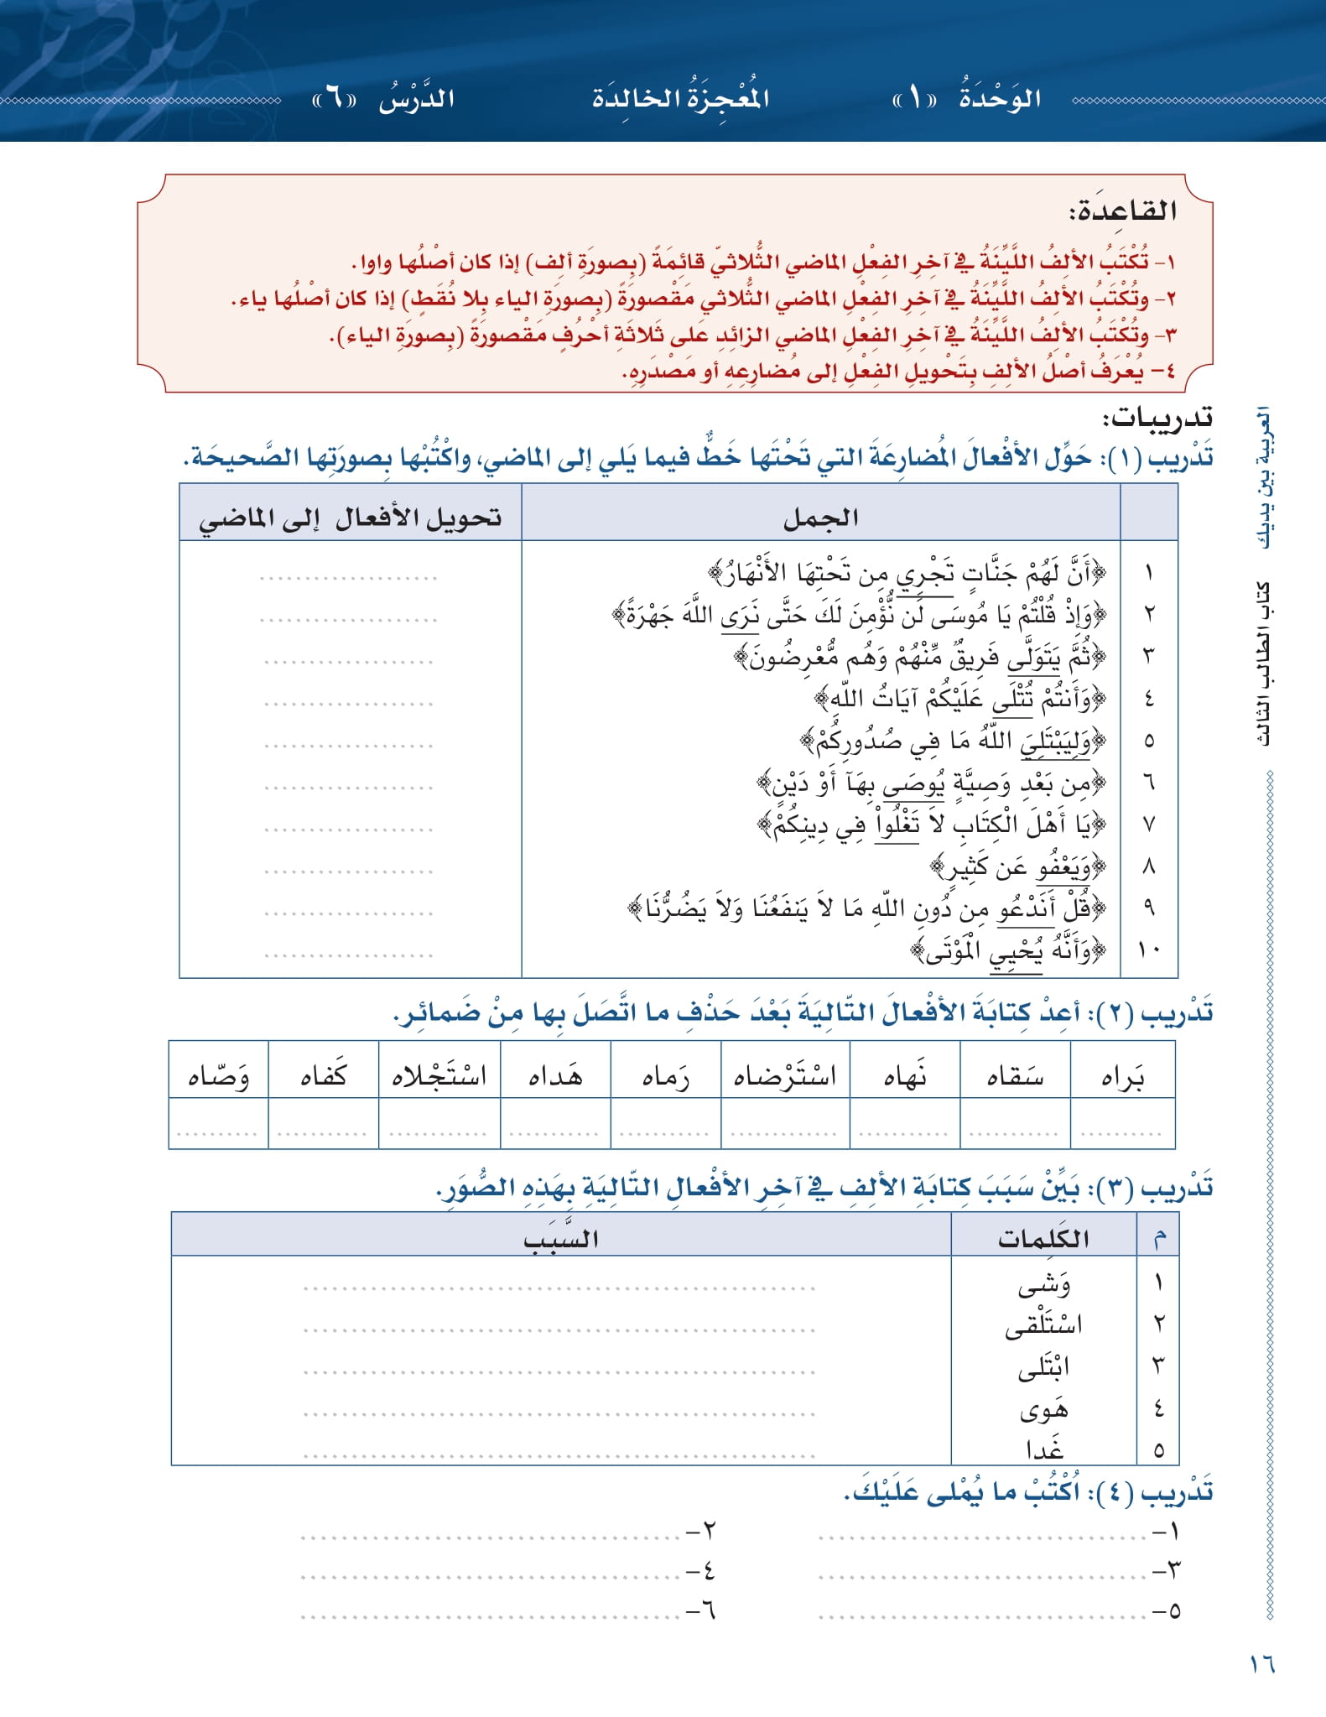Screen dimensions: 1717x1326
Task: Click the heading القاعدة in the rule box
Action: click(x=1123, y=211)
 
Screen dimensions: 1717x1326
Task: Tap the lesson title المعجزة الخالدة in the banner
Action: click(x=680, y=98)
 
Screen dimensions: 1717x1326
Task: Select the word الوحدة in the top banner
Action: click(x=1000, y=98)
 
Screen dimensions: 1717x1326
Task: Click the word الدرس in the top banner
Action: click(x=417, y=99)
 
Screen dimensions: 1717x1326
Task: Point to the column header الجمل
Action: click(x=820, y=518)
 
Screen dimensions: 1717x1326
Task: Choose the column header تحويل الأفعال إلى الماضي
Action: click(x=350, y=518)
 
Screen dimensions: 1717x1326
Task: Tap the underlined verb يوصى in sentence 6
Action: click(x=913, y=783)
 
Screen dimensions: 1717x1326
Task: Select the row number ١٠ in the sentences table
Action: click(x=1148, y=950)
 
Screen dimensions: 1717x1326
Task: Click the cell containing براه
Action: click(x=1122, y=1076)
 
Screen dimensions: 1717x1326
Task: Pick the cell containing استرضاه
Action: click(x=785, y=1076)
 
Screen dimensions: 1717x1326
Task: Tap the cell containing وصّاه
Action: click(x=219, y=1076)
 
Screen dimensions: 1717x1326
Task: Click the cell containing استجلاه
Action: click(x=439, y=1076)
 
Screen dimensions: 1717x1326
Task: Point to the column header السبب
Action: click(x=560, y=1238)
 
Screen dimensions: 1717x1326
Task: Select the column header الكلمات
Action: click(x=1043, y=1238)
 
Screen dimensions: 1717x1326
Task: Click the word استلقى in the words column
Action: click(x=1043, y=1325)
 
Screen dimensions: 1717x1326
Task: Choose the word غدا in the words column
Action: click(x=1044, y=1449)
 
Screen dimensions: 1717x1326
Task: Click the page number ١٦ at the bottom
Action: click(x=1261, y=1662)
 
